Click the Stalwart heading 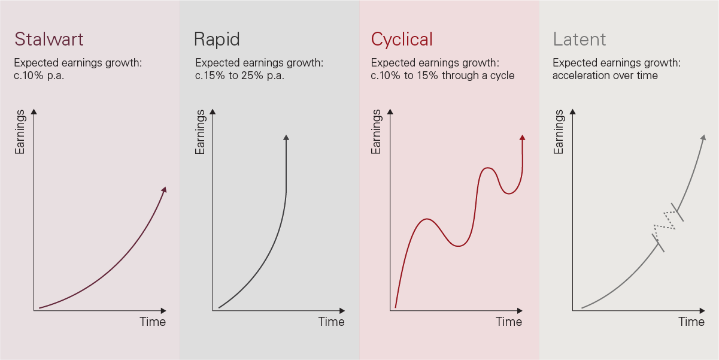point(48,39)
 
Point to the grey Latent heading point(580,39)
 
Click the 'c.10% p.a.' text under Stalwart point(39,75)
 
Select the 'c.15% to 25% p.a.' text point(239,75)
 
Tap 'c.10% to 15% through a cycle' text point(442,75)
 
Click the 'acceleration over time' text point(605,75)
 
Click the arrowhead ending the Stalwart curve point(165,189)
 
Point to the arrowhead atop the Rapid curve point(286,137)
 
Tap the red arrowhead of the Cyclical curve point(522,137)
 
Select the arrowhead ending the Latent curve point(703,137)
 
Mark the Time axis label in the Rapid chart point(331,322)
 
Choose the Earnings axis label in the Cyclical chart point(376,132)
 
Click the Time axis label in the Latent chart point(691,322)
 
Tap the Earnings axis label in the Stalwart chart point(20,132)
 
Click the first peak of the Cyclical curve point(427,219)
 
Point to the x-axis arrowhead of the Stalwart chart point(163,310)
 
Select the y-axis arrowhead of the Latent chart point(573,112)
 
